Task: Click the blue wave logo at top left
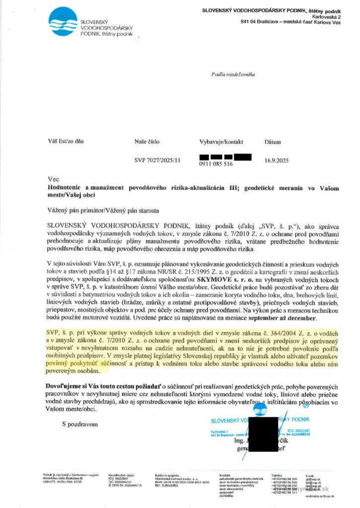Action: [x=63, y=22]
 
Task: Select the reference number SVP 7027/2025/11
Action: [x=157, y=160]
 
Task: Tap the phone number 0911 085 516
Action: [x=216, y=164]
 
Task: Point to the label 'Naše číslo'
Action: [x=147, y=141]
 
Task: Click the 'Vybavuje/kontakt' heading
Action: [x=221, y=141]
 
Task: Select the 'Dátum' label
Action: [x=273, y=141]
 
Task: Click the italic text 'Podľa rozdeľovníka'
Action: [x=233, y=74]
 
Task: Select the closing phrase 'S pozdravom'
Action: [x=80, y=424]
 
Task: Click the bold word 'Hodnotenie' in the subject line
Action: [x=65, y=188]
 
